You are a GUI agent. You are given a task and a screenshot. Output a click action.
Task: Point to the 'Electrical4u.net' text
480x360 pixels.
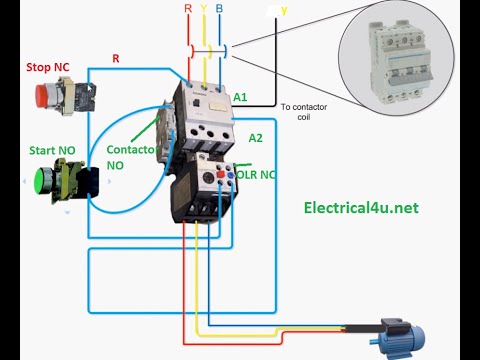[x=359, y=208]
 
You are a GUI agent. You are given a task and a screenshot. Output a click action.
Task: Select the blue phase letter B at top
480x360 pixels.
[x=219, y=8]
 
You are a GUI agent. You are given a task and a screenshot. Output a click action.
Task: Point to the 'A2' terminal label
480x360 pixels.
[x=255, y=138]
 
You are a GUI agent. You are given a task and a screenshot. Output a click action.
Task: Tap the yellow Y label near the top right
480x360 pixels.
[x=282, y=10]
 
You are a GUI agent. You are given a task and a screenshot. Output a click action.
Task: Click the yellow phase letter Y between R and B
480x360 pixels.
[x=205, y=8]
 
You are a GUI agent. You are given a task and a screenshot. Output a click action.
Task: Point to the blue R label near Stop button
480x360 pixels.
[x=116, y=59]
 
